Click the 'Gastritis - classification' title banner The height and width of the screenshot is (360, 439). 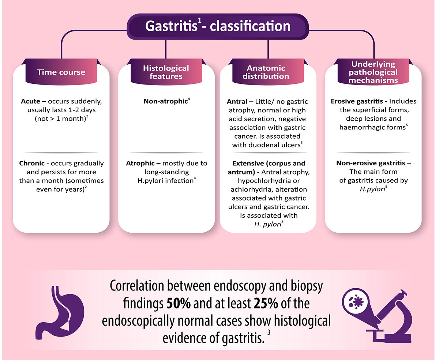tap(218, 26)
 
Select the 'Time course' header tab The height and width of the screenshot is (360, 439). tap(61, 72)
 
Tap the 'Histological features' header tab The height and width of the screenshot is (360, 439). tap(166, 72)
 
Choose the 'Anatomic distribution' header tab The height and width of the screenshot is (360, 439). tap(268, 72)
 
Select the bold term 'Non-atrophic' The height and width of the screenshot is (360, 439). tap(165, 101)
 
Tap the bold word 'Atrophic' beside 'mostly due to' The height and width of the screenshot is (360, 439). tap(139, 163)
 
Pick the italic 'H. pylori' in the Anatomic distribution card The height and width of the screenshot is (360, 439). tap(267, 224)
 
